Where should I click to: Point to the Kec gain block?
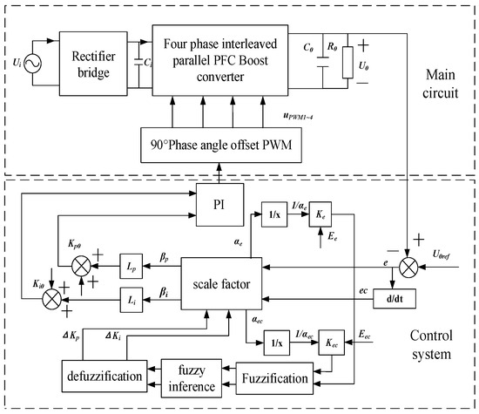pos(331,340)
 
